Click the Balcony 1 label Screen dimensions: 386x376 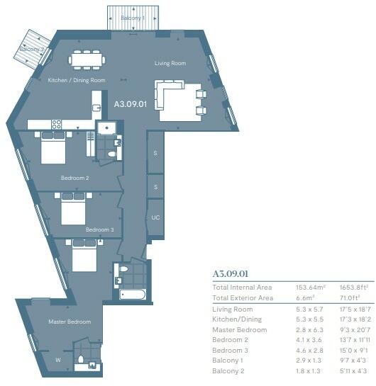tap(133, 17)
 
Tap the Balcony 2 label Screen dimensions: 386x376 tap(31, 49)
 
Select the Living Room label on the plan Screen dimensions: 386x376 tap(170, 64)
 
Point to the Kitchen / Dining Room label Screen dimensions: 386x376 tap(76, 81)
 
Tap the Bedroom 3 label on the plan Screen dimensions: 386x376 tap(99, 230)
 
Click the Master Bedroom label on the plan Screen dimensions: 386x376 tap(69, 322)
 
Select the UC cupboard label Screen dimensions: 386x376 tap(155, 217)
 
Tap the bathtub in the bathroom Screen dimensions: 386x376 tap(133, 293)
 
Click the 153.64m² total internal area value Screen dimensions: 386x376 tap(310, 288)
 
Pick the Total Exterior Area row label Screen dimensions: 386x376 tap(243, 298)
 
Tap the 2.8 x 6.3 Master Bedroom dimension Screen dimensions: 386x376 tap(309, 330)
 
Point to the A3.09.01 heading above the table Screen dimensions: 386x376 tap(231, 273)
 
